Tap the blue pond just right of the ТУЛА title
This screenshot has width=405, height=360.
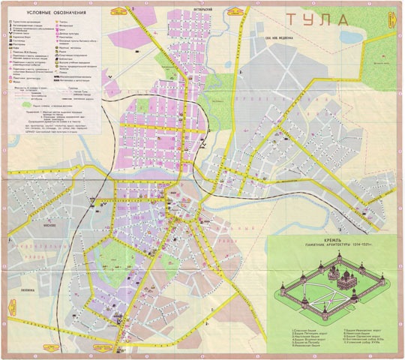coord(349,34)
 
